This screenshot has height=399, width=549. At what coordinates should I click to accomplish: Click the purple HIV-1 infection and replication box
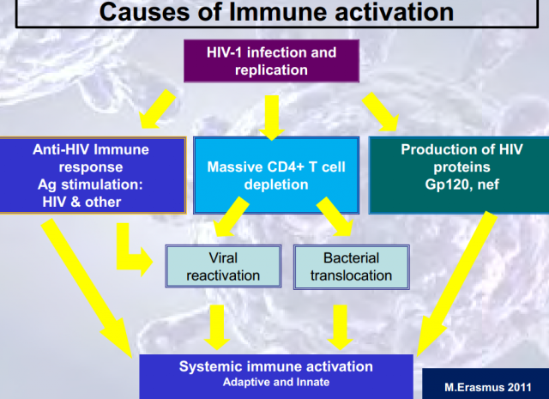(271, 61)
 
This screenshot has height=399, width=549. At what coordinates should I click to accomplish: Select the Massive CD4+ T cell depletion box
(276, 175)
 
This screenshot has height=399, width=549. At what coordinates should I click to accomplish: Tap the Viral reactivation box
(223, 267)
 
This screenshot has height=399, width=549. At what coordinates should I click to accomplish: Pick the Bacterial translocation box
(351, 267)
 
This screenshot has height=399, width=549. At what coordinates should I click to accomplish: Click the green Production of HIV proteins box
(459, 175)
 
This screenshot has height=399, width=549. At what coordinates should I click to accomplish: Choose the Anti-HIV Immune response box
(93, 175)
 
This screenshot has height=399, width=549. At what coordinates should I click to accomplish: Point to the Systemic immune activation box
(276, 377)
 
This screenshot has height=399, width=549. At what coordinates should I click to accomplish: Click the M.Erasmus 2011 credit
(488, 388)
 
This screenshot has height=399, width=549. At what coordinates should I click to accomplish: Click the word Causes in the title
(143, 12)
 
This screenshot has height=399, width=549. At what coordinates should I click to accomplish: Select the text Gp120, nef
(462, 184)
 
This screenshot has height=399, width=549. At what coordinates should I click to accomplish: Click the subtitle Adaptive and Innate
(276, 382)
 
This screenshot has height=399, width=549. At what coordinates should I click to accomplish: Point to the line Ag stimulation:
(90, 184)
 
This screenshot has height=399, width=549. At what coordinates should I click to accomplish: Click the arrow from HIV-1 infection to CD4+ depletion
(272, 118)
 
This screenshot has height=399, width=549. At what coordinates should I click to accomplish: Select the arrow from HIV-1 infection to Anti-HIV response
(157, 109)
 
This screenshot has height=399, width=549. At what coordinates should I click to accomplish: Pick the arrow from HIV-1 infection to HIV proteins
(381, 112)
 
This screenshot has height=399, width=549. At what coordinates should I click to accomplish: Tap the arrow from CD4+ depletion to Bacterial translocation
(335, 216)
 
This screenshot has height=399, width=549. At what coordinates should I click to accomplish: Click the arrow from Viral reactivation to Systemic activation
(217, 327)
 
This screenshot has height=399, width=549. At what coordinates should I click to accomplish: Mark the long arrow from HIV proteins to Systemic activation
(457, 284)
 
